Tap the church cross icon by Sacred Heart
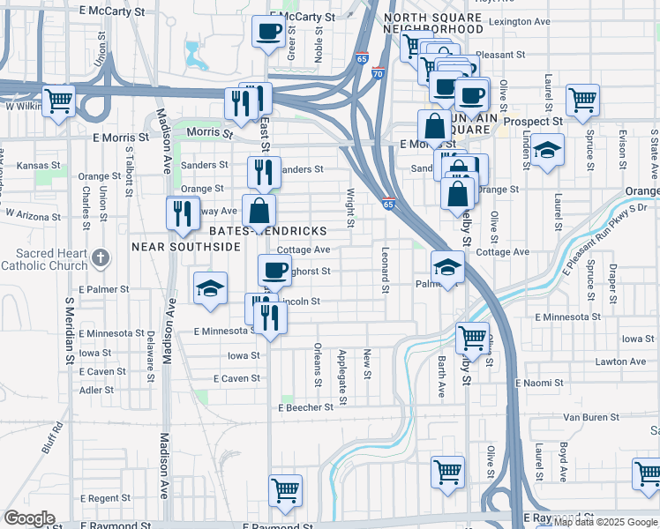tap(101, 257)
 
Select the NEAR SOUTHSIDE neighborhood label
tap(186, 247)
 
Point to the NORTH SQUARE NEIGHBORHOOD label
tap(434, 23)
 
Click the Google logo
tap(29, 518)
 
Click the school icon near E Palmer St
tap(210, 288)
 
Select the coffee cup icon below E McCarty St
tap(268, 33)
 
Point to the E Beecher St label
tap(305, 407)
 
